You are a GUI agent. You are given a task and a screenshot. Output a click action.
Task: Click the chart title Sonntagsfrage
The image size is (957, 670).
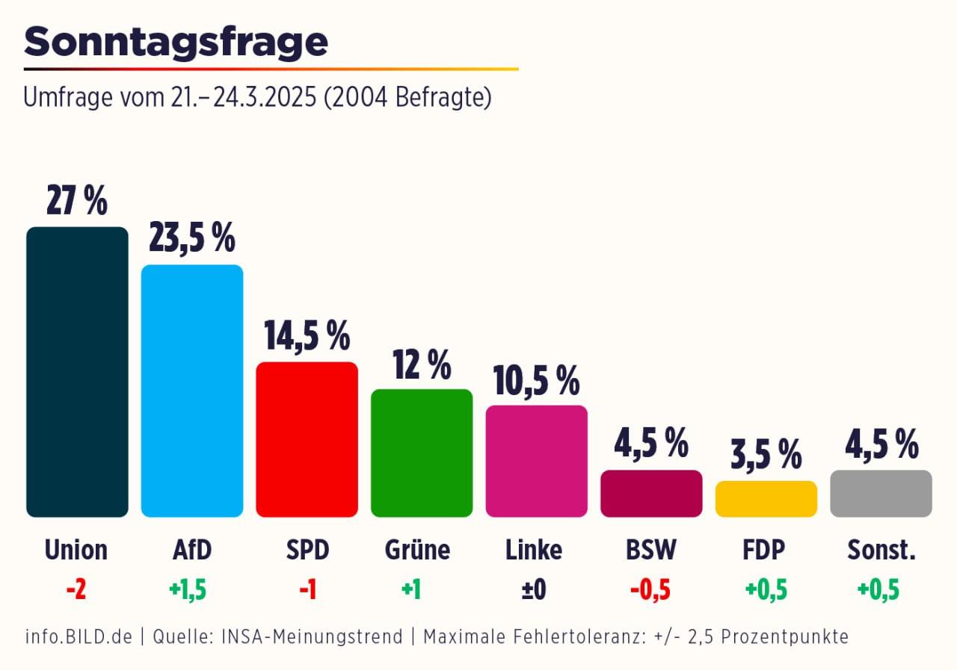point(176,43)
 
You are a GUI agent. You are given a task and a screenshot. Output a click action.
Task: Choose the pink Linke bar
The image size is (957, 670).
point(536,461)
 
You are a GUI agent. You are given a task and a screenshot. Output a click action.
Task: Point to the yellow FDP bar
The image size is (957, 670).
point(766,499)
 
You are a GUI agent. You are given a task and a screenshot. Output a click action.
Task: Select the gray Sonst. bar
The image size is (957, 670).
point(881,493)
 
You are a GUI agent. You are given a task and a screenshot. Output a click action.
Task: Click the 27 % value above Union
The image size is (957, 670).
point(77,201)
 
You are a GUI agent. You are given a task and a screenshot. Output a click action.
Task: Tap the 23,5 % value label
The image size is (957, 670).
point(192,238)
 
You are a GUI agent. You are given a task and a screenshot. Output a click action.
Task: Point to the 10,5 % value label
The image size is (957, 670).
point(536,380)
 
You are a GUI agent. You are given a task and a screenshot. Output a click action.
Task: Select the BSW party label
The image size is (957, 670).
point(650,550)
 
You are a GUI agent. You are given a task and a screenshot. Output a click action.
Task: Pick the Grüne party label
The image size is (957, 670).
point(417,550)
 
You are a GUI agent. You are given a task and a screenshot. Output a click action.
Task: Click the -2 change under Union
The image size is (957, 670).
point(76,590)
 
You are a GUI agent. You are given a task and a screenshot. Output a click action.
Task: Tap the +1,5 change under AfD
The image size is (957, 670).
point(187,590)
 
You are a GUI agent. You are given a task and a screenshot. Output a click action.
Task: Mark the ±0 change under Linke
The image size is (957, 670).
point(534,590)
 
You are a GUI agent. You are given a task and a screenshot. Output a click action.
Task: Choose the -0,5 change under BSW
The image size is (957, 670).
point(650,590)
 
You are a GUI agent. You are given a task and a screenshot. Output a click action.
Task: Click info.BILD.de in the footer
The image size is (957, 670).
point(79,637)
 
